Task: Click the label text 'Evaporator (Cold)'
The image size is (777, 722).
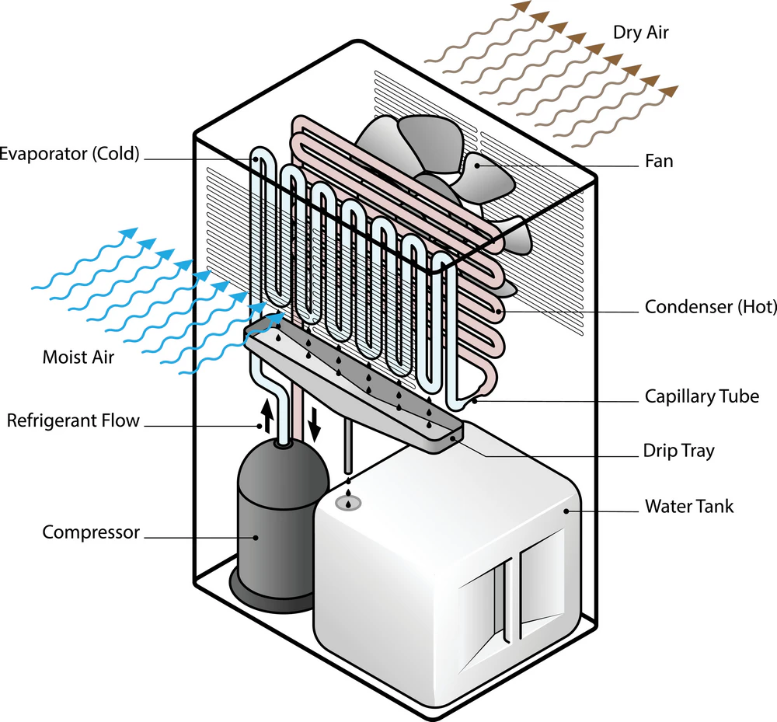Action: (70, 154)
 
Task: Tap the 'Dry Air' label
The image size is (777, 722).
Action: (641, 33)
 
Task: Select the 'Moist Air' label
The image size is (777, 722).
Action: (78, 358)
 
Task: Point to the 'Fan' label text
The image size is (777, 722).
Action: (659, 162)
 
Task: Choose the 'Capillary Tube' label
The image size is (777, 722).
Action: (702, 396)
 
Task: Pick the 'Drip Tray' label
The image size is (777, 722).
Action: (678, 451)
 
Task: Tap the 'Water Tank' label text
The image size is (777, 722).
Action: (689, 507)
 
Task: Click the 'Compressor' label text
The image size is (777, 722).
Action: (91, 532)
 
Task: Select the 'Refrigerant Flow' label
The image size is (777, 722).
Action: (73, 421)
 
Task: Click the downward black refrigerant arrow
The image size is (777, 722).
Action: (315, 422)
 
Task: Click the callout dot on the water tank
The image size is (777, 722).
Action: (567, 511)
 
